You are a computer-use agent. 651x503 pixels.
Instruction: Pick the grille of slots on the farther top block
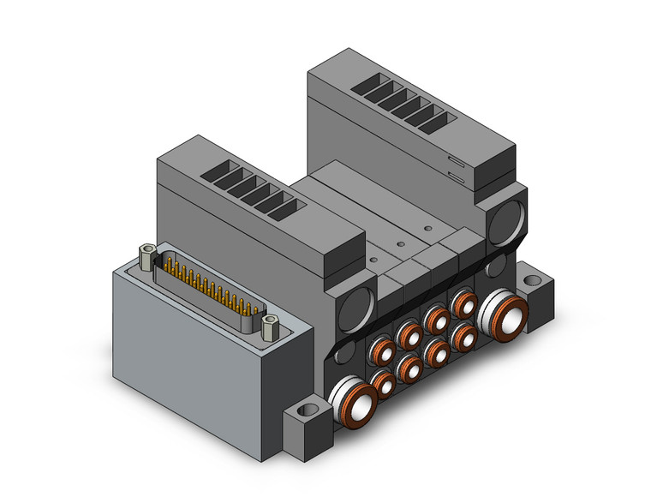(x=402, y=100)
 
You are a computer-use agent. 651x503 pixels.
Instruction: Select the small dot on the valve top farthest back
(x=425, y=229)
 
